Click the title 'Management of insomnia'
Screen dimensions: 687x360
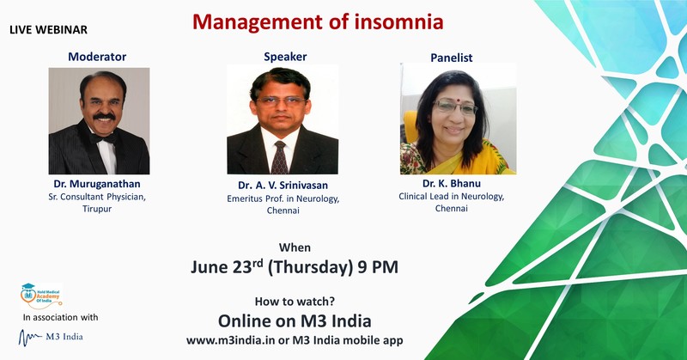point(318,22)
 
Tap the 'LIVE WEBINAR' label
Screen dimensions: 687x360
point(48,30)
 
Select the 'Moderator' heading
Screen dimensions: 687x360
point(97,57)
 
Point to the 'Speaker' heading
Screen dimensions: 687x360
point(285,57)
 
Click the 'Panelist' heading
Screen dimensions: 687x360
point(452,58)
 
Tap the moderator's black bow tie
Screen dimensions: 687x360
point(104,138)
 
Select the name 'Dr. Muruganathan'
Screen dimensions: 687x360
point(97,184)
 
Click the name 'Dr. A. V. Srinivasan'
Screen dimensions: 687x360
point(283,186)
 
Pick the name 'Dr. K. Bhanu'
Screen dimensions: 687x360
point(452,183)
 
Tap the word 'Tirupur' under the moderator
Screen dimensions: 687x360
point(97,209)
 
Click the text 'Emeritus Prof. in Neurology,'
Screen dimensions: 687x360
point(283,198)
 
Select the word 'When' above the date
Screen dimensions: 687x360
point(295,247)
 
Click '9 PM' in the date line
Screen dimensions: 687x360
point(378,267)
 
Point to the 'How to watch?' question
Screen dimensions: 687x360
point(295,302)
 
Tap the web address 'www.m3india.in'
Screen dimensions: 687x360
point(228,340)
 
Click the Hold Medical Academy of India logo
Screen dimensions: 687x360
point(41,296)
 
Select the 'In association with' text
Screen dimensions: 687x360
point(60,317)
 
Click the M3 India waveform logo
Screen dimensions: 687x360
point(51,337)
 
